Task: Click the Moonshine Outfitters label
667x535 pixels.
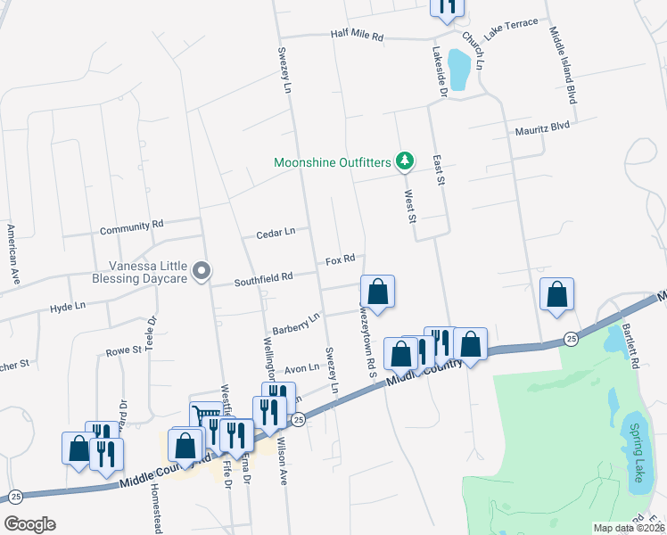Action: [333, 162]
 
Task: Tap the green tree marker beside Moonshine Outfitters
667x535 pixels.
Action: [406, 161]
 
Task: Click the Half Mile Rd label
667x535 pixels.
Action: [356, 37]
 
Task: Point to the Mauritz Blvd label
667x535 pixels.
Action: [541, 128]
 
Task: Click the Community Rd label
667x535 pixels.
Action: [132, 228]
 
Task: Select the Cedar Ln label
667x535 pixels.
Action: [276, 234]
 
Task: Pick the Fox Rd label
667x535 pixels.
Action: [340, 259]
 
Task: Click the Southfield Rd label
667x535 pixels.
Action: [263, 278]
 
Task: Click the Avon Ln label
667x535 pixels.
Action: [301, 368]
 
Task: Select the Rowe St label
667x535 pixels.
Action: [124, 350]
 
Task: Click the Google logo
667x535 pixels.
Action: [29, 524]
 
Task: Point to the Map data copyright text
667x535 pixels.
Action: [629, 528]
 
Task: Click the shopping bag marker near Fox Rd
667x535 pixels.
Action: [377, 292]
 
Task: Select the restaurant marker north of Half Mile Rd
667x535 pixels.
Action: [447, 7]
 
